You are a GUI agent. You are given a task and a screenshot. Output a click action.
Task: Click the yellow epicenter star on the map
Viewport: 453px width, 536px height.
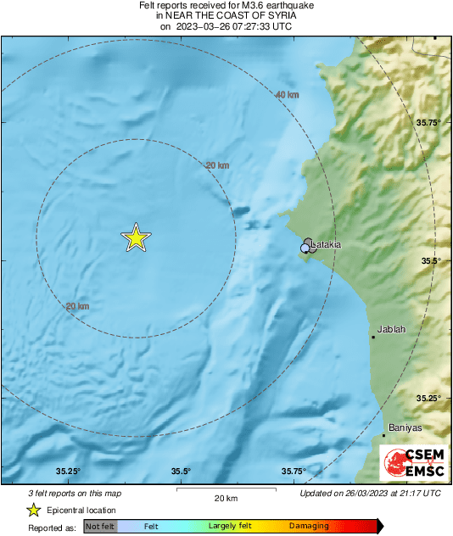tap(135, 239)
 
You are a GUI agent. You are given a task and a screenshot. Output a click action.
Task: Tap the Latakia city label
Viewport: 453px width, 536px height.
tap(327, 245)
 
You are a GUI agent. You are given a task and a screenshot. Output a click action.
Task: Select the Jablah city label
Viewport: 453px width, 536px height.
tap(391, 329)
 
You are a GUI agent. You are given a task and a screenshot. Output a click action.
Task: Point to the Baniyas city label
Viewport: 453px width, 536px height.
tap(405, 427)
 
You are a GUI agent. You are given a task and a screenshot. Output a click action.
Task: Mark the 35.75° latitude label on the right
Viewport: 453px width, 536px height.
tap(429, 123)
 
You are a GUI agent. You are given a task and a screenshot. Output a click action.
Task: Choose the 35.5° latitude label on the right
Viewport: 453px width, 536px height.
tap(429, 260)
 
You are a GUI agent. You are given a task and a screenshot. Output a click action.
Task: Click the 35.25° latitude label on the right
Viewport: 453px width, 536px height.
tap(429, 398)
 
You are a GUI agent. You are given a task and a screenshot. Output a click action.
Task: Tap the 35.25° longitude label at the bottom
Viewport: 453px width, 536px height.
tap(68, 472)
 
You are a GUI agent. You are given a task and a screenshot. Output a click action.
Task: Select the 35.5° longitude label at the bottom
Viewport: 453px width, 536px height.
tap(180, 472)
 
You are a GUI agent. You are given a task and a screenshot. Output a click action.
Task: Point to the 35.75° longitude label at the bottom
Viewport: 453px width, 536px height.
tap(294, 472)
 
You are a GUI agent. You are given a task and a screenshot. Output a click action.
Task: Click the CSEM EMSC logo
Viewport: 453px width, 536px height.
tap(411, 463)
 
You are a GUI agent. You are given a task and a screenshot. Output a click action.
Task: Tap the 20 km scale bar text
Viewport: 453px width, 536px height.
tap(225, 499)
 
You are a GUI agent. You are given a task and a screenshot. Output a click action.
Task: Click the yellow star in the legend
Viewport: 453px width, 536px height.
tap(33, 511)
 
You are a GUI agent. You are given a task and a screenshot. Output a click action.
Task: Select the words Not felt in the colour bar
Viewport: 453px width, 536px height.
tap(100, 527)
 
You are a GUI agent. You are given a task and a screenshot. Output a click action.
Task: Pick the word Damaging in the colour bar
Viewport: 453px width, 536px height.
tap(308, 527)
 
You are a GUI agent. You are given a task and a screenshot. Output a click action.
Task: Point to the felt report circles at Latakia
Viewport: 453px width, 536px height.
tap(308, 246)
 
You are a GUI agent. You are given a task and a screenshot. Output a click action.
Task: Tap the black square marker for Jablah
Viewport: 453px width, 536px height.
tap(372, 338)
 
